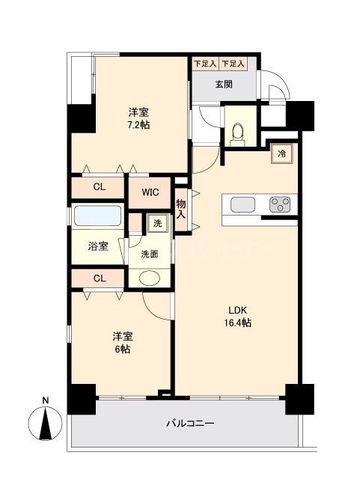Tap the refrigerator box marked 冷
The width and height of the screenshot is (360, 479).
pos(282,153)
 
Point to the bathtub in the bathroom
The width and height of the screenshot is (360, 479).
pos(98,217)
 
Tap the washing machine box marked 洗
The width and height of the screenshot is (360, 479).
pos(156,222)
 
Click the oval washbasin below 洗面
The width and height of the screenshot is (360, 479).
pos(150,278)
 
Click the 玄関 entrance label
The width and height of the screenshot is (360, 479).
pos(224,84)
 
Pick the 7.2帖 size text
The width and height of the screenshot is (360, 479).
pos(138,125)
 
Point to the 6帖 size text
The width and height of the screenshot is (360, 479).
pos(122,349)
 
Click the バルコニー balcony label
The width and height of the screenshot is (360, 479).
pos(190,424)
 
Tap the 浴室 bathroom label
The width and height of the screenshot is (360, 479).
pos(97,245)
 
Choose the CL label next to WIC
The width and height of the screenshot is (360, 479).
pos(99,188)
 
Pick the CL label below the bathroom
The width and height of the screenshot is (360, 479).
pos(99,278)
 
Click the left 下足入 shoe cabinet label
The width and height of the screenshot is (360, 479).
pos(204,65)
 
